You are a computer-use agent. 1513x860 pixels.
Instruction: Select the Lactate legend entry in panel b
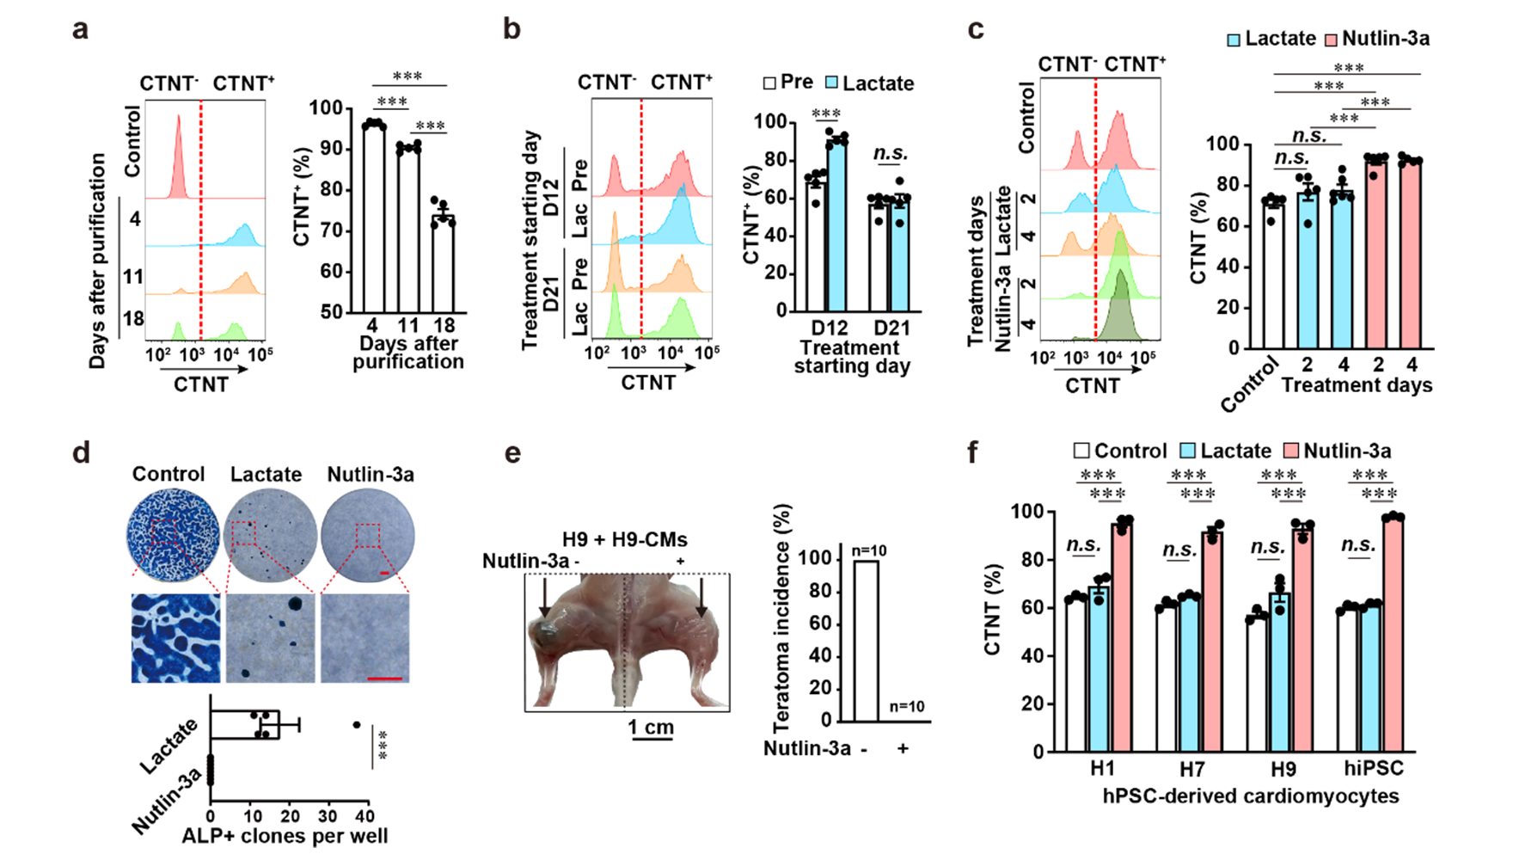tap(869, 83)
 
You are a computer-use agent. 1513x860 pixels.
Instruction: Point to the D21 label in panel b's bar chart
tap(891, 328)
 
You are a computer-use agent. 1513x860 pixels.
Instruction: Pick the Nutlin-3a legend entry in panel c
tap(1377, 39)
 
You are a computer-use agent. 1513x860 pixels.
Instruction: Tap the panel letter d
tap(81, 451)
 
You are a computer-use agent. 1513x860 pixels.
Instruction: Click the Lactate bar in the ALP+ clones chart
tap(245, 724)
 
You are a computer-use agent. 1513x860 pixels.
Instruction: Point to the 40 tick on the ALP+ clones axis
tap(365, 815)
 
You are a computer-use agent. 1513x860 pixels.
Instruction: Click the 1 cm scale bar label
tap(651, 728)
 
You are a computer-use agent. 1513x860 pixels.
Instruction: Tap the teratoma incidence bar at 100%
tap(867, 641)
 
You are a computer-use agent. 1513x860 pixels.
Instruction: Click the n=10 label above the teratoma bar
tap(869, 551)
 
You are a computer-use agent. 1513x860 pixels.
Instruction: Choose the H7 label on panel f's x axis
tap(1191, 769)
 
